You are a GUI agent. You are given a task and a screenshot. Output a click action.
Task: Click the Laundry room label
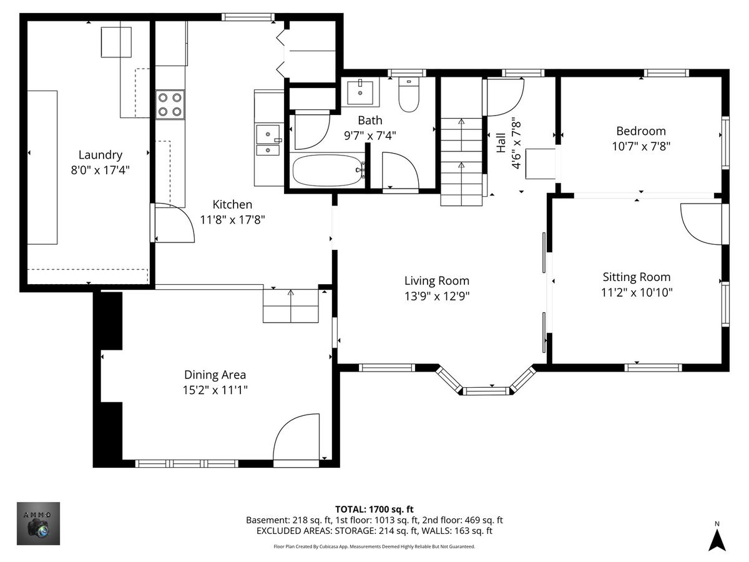[100, 155]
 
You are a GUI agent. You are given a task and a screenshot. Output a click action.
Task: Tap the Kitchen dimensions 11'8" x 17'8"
[232, 220]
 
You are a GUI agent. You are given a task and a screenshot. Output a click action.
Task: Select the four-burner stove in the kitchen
[170, 104]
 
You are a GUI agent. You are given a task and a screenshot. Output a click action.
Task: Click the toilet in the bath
[409, 94]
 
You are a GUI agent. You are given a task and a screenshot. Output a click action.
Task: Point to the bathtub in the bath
[326, 170]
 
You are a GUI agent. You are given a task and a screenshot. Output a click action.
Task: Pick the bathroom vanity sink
[360, 92]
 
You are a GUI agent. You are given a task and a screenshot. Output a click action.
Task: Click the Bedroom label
[641, 131]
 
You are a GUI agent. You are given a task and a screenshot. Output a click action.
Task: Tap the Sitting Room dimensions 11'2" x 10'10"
[637, 292]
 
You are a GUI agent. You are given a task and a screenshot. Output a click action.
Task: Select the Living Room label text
[437, 281]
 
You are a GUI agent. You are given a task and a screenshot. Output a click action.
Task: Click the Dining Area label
[215, 375]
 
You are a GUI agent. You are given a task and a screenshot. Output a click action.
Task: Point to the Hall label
[501, 142]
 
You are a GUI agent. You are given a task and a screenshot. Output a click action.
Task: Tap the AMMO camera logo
[38, 523]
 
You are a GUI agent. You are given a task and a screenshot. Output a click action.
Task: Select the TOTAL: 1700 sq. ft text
[374, 510]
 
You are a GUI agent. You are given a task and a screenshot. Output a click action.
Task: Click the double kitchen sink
[268, 140]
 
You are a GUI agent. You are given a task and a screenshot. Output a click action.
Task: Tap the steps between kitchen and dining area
[291, 306]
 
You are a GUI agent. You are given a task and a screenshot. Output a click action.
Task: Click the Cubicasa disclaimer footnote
[374, 546]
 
